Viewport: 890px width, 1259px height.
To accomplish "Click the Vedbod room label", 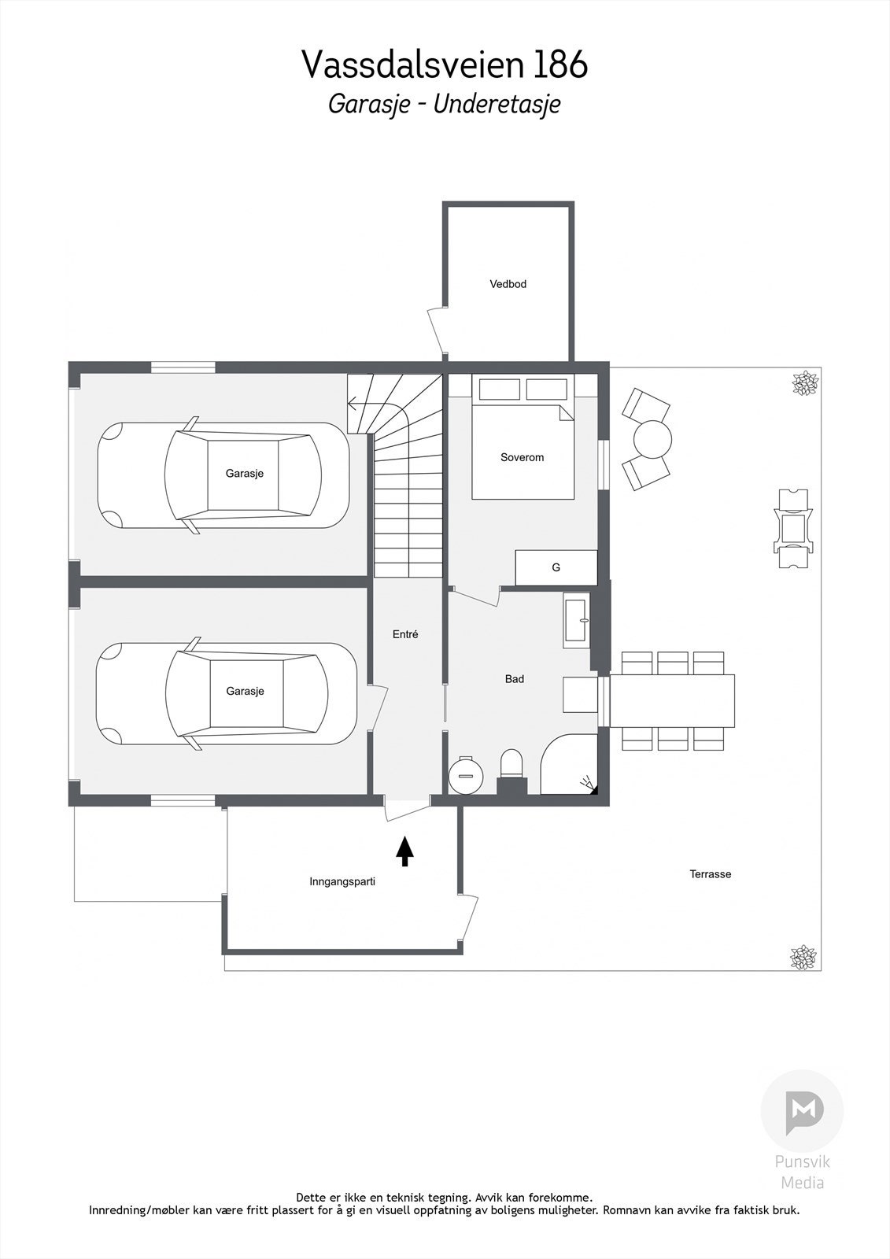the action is click(508, 284).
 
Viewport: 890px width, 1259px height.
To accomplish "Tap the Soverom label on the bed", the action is click(523, 457).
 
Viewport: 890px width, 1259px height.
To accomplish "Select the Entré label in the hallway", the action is click(405, 634).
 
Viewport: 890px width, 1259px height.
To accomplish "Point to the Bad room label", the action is click(515, 679).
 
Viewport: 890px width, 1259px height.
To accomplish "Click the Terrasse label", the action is click(710, 874).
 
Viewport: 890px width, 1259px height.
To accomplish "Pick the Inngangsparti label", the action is click(342, 882).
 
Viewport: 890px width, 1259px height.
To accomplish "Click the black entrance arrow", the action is click(404, 851).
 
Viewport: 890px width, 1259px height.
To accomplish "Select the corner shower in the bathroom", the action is click(569, 764).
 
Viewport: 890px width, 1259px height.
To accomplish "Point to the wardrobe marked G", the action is click(556, 567).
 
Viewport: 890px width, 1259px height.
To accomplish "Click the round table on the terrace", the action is click(652, 440).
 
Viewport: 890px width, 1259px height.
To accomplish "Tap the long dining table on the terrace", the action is click(673, 701).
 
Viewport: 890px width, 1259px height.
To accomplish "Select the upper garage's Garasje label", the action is click(245, 473).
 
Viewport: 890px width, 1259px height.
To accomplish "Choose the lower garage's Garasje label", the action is click(246, 692).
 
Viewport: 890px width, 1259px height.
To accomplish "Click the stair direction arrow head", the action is click(352, 403).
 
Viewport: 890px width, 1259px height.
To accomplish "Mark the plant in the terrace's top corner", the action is click(804, 383).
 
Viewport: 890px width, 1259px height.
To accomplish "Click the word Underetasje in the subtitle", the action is click(497, 105).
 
